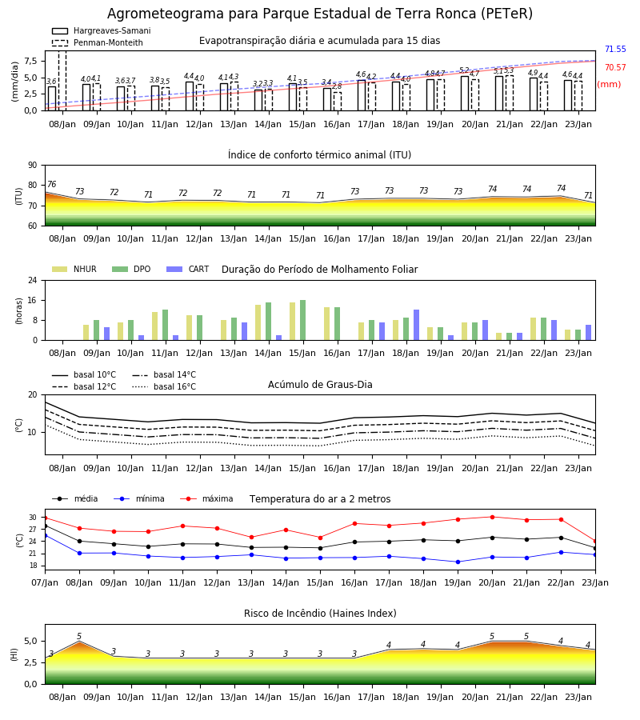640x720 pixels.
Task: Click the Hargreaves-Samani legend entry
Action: tap(101, 30)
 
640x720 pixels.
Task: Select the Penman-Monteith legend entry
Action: tap(98, 42)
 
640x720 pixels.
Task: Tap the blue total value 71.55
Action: tap(615, 49)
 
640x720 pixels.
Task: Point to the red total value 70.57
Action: tap(615, 67)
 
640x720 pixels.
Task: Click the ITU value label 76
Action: tap(51, 184)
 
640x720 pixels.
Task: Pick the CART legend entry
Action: tap(188, 269)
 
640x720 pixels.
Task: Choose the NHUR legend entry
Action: tap(74, 269)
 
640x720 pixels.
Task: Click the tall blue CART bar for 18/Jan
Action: tap(417, 325)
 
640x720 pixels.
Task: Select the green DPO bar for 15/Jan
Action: tap(303, 320)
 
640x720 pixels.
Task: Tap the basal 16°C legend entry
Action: tap(164, 386)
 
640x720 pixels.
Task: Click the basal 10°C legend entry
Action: tap(84, 374)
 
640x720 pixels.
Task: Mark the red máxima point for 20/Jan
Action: tap(493, 517)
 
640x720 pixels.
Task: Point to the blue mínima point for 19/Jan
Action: tap(458, 562)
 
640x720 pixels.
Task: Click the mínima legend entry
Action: tap(139, 498)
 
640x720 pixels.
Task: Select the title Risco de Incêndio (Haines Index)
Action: tap(320, 613)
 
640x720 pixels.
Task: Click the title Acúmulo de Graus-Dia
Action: tap(320, 384)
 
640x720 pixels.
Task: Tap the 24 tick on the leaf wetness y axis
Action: tap(33, 280)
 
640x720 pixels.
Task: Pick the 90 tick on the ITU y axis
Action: tap(33, 166)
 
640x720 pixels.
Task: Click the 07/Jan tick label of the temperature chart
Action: tap(45, 582)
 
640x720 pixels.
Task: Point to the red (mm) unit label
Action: tap(609, 85)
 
